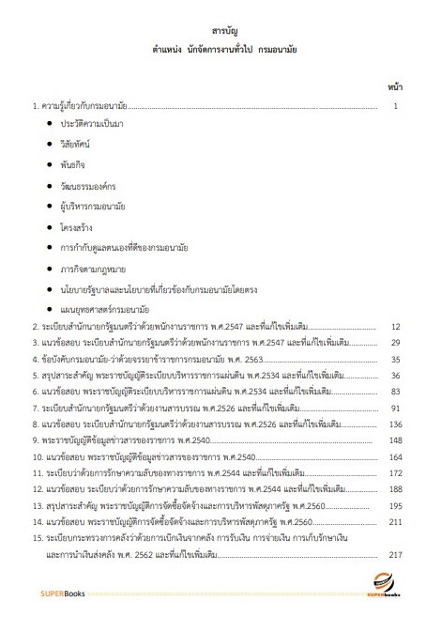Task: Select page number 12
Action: (396, 327)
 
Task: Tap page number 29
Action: (396, 343)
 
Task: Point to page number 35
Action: (396, 359)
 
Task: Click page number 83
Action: (396, 391)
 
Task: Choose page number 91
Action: (396, 408)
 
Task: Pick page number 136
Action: (395, 424)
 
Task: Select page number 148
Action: (395, 440)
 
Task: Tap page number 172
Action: (395, 472)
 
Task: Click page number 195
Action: (395, 504)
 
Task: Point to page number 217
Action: (395, 554)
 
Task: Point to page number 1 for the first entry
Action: (397, 105)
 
